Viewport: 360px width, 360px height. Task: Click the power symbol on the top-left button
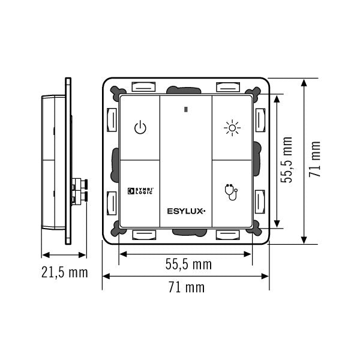pos(140,128)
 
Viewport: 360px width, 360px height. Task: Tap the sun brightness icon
pos(232,128)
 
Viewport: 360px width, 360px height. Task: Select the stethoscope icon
pos(231,192)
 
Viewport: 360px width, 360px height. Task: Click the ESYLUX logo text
pos(186,211)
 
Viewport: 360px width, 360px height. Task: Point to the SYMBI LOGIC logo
pos(140,191)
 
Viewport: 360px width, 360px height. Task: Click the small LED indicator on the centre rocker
pos(186,110)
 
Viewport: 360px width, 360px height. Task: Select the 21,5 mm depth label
pos(65,272)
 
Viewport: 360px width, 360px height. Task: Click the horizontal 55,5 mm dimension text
pos(188,264)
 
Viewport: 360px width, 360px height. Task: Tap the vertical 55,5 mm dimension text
pos(287,160)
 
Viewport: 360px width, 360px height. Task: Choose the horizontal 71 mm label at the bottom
pos(187,287)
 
